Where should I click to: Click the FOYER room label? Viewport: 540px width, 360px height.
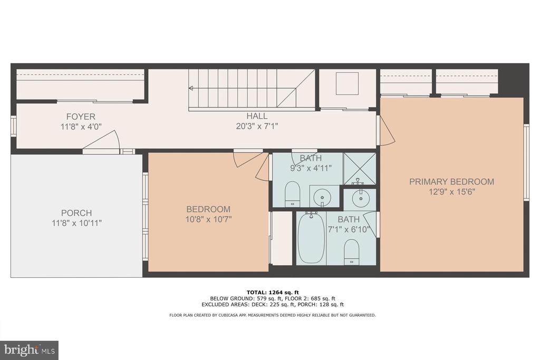click(x=81, y=116)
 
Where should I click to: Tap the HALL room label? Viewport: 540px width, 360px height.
click(x=257, y=116)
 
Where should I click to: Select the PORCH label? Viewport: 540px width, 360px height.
click(x=76, y=213)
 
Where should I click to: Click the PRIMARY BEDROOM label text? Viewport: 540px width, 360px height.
click(x=451, y=182)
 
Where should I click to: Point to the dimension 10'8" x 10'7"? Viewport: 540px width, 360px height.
click(x=208, y=219)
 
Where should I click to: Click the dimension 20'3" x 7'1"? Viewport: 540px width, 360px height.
click(x=257, y=127)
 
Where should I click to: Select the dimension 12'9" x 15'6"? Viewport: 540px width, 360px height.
click(x=452, y=192)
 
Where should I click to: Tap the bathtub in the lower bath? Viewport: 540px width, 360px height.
click(x=311, y=238)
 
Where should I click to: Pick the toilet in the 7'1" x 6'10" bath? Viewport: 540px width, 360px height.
click(x=352, y=251)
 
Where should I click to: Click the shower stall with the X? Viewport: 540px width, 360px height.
click(x=360, y=169)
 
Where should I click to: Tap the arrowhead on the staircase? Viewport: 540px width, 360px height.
click(x=190, y=89)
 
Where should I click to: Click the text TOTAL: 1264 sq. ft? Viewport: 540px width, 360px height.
click(x=273, y=293)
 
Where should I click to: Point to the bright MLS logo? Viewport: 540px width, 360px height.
click(x=30, y=351)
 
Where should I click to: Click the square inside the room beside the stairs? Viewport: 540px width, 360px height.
click(x=347, y=83)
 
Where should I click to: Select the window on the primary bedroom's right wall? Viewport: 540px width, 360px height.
click(x=526, y=162)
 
